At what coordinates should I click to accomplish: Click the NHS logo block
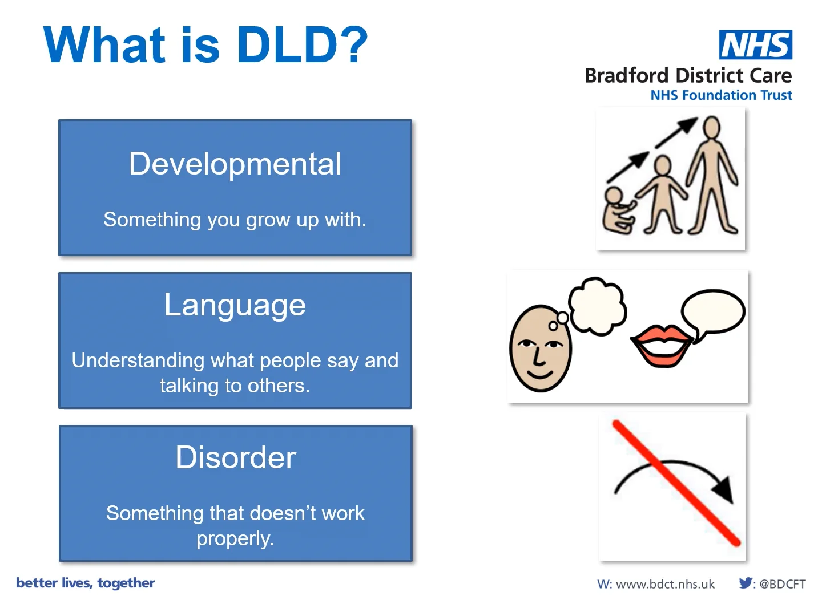(755, 44)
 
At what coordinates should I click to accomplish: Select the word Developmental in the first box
(235, 164)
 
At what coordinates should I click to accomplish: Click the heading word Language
(235, 305)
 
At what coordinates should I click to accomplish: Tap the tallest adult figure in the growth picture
(712, 175)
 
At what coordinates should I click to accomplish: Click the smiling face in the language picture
(540, 348)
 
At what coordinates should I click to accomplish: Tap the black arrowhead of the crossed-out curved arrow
(723, 489)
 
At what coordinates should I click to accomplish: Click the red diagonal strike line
(676, 483)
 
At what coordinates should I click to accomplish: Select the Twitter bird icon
(746, 583)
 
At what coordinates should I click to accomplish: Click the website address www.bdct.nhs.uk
(665, 584)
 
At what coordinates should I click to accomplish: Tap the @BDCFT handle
(782, 584)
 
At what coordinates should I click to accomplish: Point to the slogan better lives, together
(86, 583)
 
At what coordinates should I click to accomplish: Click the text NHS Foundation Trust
(722, 95)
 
